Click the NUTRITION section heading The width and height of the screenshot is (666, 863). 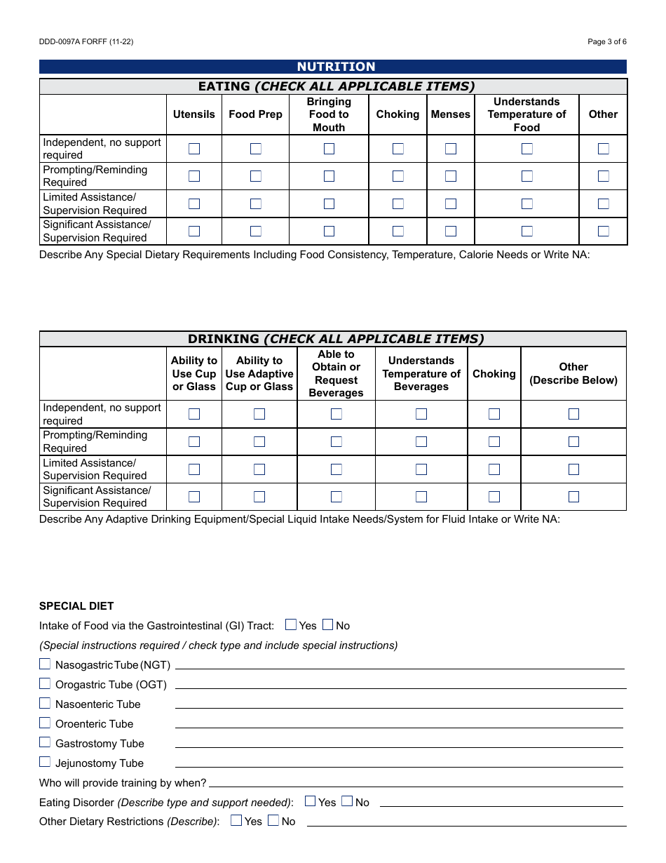(336, 67)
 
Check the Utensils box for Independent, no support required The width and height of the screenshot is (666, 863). (194, 149)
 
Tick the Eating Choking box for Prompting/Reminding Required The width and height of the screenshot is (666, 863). (398, 176)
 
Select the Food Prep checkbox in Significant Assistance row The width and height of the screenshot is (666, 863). (256, 231)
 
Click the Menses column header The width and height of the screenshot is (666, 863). (450, 114)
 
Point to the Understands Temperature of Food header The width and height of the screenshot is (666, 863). (526, 114)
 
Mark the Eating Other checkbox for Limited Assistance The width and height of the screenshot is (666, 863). (603, 203)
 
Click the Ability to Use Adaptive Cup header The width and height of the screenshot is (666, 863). (259, 373)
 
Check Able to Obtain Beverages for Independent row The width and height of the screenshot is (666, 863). (337, 414)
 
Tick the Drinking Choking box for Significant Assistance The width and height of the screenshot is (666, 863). (494, 497)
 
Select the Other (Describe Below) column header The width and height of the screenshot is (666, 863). (573, 373)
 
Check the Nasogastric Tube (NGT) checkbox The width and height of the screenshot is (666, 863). (45, 664)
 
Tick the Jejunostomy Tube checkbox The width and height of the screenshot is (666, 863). (45, 762)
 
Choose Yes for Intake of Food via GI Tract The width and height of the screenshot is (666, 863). (291, 624)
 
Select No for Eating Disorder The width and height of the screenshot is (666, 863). (347, 801)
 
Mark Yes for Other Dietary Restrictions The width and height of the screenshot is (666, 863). (236, 820)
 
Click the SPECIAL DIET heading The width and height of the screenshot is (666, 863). (76, 606)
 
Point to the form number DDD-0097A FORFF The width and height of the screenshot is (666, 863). (86, 42)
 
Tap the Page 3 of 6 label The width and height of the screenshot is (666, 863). (606, 42)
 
